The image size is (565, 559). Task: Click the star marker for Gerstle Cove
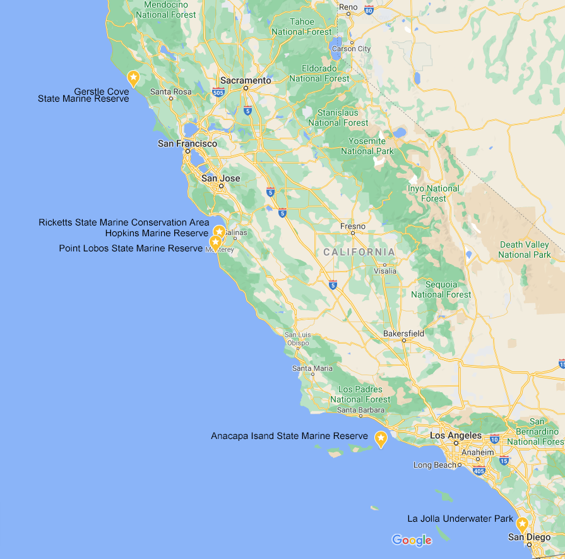pyautogui.click(x=133, y=78)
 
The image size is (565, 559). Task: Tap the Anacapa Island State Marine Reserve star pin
pyautogui.click(x=381, y=438)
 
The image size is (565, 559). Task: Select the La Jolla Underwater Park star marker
pyautogui.click(x=522, y=524)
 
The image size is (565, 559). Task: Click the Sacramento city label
pyautogui.click(x=246, y=81)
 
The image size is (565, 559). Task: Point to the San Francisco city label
pyautogui.click(x=187, y=144)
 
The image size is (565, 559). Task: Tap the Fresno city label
pyautogui.click(x=353, y=226)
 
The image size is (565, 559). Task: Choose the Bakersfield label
pyautogui.click(x=404, y=334)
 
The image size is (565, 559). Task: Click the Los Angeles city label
pyautogui.click(x=456, y=436)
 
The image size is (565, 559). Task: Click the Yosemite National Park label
pyautogui.click(x=367, y=146)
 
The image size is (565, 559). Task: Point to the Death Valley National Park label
pyautogui.click(x=525, y=249)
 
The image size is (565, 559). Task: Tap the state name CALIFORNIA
pyautogui.click(x=359, y=252)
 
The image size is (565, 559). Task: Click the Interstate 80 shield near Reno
pyautogui.click(x=369, y=9)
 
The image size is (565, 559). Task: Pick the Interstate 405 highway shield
pyautogui.click(x=480, y=470)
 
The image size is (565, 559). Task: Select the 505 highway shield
pyautogui.click(x=218, y=93)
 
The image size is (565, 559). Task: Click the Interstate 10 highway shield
pyautogui.click(x=494, y=439)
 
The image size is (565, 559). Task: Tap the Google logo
pyautogui.click(x=412, y=540)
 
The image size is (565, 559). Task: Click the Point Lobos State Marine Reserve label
pyautogui.click(x=131, y=248)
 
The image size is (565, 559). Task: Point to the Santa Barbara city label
pyautogui.click(x=360, y=410)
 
